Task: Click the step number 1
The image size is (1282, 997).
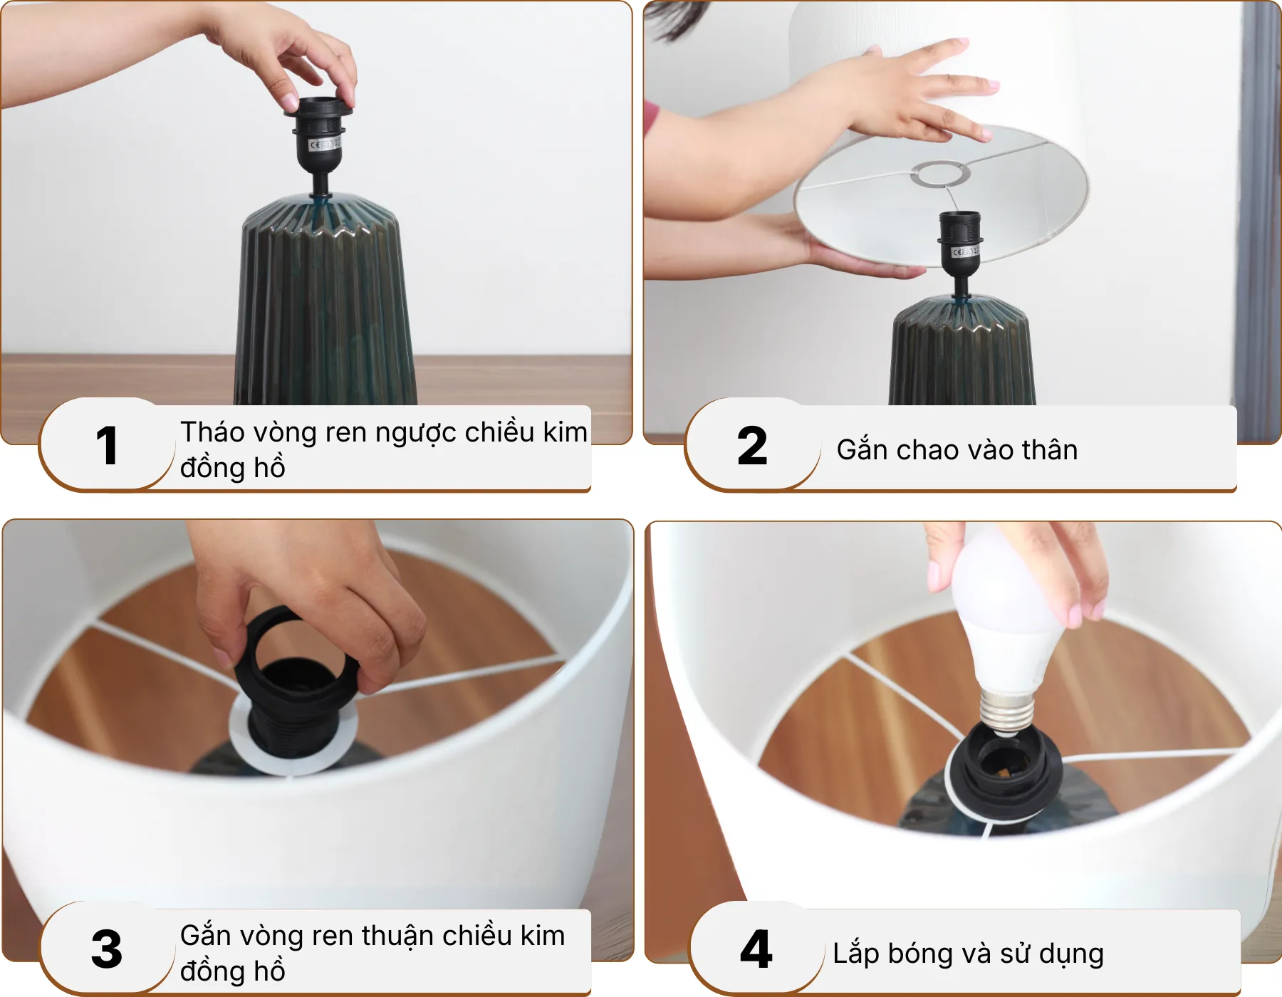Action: pos(107,447)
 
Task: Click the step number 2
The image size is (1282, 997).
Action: pos(752,447)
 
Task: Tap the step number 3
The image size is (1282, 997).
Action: pos(107,949)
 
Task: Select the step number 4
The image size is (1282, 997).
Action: pos(756,949)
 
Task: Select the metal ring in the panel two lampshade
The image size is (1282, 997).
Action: pos(941,174)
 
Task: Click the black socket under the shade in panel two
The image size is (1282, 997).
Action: pos(960,242)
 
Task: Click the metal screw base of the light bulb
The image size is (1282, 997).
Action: pos(1006,712)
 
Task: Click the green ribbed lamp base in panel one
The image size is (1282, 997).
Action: pos(325,306)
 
